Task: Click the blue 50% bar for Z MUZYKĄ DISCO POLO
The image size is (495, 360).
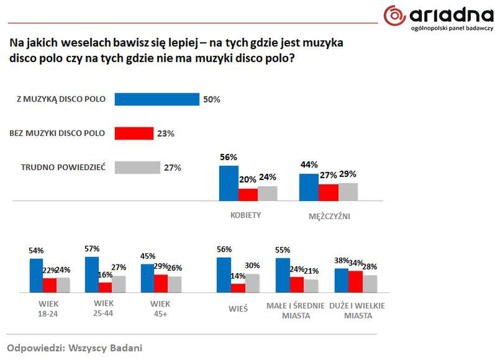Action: click(157, 99)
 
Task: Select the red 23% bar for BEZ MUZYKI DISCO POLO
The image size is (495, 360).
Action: click(134, 133)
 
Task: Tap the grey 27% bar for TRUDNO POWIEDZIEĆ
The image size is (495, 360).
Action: click(137, 168)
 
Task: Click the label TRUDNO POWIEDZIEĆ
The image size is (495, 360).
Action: click(63, 168)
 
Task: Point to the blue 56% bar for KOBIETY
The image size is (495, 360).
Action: click(229, 183)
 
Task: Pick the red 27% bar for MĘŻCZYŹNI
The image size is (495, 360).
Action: click(329, 192)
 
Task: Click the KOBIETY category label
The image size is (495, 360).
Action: click(245, 215)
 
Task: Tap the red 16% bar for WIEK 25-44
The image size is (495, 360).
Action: click(105, 287)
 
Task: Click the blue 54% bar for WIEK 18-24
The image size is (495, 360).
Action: click(36, 275)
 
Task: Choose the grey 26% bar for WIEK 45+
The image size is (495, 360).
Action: click(175, 284)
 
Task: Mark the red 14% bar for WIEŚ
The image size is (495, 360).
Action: click(238, 287)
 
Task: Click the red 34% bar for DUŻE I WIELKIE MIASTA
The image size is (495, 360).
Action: click(356, 281)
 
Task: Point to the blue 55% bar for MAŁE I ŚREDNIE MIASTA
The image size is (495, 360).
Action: click(283, 274)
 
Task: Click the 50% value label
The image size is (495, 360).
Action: click(212, 99)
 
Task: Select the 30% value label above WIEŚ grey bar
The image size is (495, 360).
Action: click(253, 266)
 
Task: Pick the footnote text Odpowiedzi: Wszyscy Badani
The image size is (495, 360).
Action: click(75, 348)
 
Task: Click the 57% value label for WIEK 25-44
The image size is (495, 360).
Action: click(93, 249)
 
